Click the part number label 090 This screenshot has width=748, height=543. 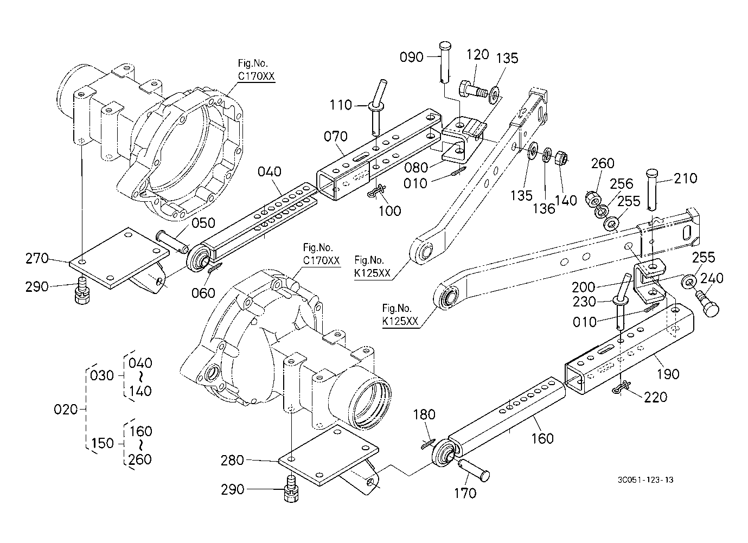pos(411,57)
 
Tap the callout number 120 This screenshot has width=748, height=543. pos(477,54)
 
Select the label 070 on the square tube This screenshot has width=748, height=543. pos(336,136)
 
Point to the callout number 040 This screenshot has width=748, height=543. pos(270,171)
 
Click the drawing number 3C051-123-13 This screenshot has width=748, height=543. pos(645,480)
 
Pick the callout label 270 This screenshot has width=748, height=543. pos(37,258)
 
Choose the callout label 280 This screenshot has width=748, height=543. pos(232,460)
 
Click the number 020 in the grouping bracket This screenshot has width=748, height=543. pos(66,410)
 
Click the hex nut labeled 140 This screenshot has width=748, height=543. pos(561,158)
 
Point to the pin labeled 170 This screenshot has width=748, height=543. pos(474,470)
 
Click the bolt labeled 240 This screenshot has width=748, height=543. pos(707,304)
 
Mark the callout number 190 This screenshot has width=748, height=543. pos(668,374)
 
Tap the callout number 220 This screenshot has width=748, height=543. pos(655,397)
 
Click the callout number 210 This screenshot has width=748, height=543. pos(686,178)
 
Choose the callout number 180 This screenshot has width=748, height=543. pos(424,415)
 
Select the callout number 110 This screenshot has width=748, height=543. pos(341,105)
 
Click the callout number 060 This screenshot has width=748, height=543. pos(203,293)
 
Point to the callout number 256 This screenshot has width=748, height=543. pos(622,184)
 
